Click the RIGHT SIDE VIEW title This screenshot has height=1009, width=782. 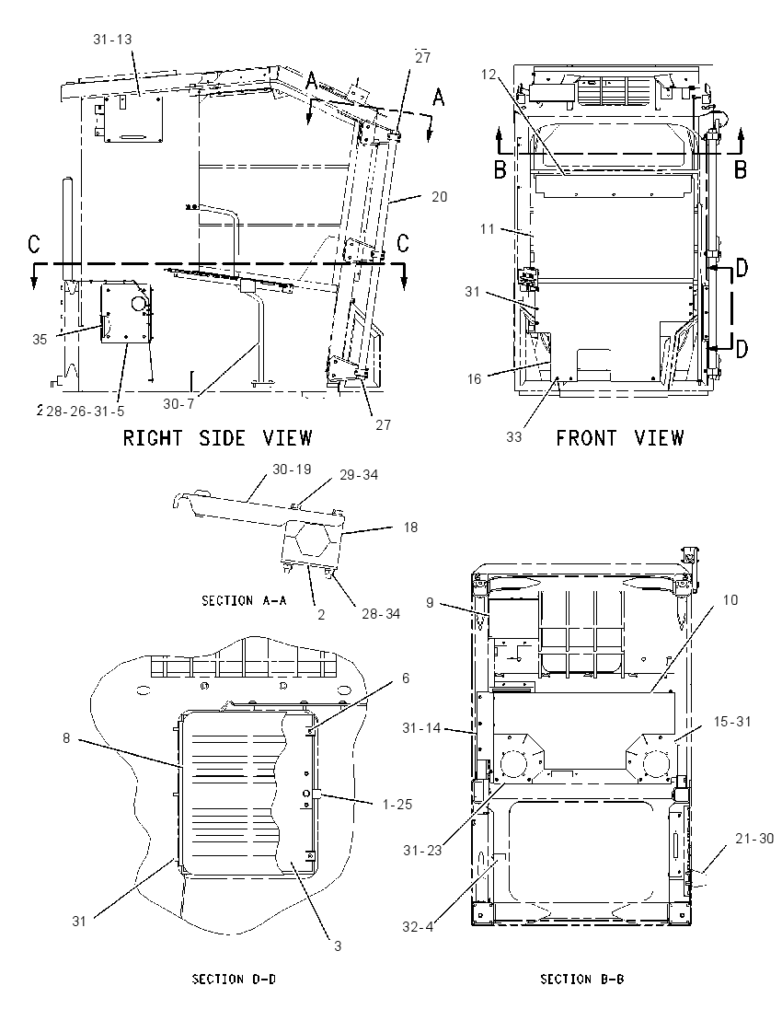217,438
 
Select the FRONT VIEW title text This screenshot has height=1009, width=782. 620,438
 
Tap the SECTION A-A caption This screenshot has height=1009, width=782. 245,600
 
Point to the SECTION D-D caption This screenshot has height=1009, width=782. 234,979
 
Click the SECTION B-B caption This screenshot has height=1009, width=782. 582,979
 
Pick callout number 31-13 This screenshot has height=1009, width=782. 112,40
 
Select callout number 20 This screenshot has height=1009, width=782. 439,197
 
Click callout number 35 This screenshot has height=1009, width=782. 40,339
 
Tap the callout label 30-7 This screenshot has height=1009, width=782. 178,403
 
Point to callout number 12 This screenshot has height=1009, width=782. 489,75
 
